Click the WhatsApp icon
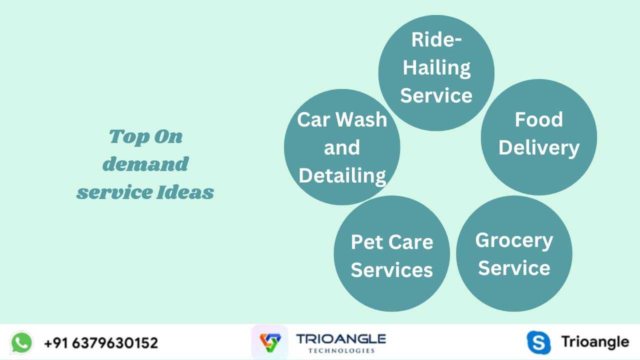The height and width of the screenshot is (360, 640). pyautogui.click(x=21, y=342)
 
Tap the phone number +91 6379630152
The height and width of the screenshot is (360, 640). pyautogui.click(x=101, y=343)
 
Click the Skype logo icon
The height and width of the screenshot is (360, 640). pyautogui.click(x=538, y=342)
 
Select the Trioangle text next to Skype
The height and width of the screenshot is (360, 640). pyautogui.click(x=595, y=342)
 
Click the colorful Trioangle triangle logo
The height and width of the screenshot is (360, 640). pyautogui.click(x=270, y=342)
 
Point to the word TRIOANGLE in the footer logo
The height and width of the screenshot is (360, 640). pyautogui.click(x=341, y=339)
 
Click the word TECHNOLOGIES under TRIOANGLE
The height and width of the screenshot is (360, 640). pyautogui.click(x=341, y=350)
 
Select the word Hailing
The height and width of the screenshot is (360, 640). pyautogui.click(x=436, y=68)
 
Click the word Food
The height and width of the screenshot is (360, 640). pyautogui.click(x=539, y=119)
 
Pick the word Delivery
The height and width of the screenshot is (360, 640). pyautogui.click(x=539, y=148)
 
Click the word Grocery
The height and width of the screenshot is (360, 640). pyautogui.click(x=514, y=241)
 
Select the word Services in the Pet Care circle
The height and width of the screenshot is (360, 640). pyautogui.click(x=392, y=270)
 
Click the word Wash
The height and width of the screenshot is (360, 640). pyautogui.click(x=361, y=119)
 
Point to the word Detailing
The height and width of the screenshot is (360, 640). pyautogui.click(x=342, y=176)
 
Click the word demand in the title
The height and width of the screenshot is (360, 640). pyautogui.click(x=145, y=164)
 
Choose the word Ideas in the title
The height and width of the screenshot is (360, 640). pyautogui.click(x=185, y=191)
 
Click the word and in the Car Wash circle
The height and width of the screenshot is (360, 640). pyautogui.click(x=342, y=147)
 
